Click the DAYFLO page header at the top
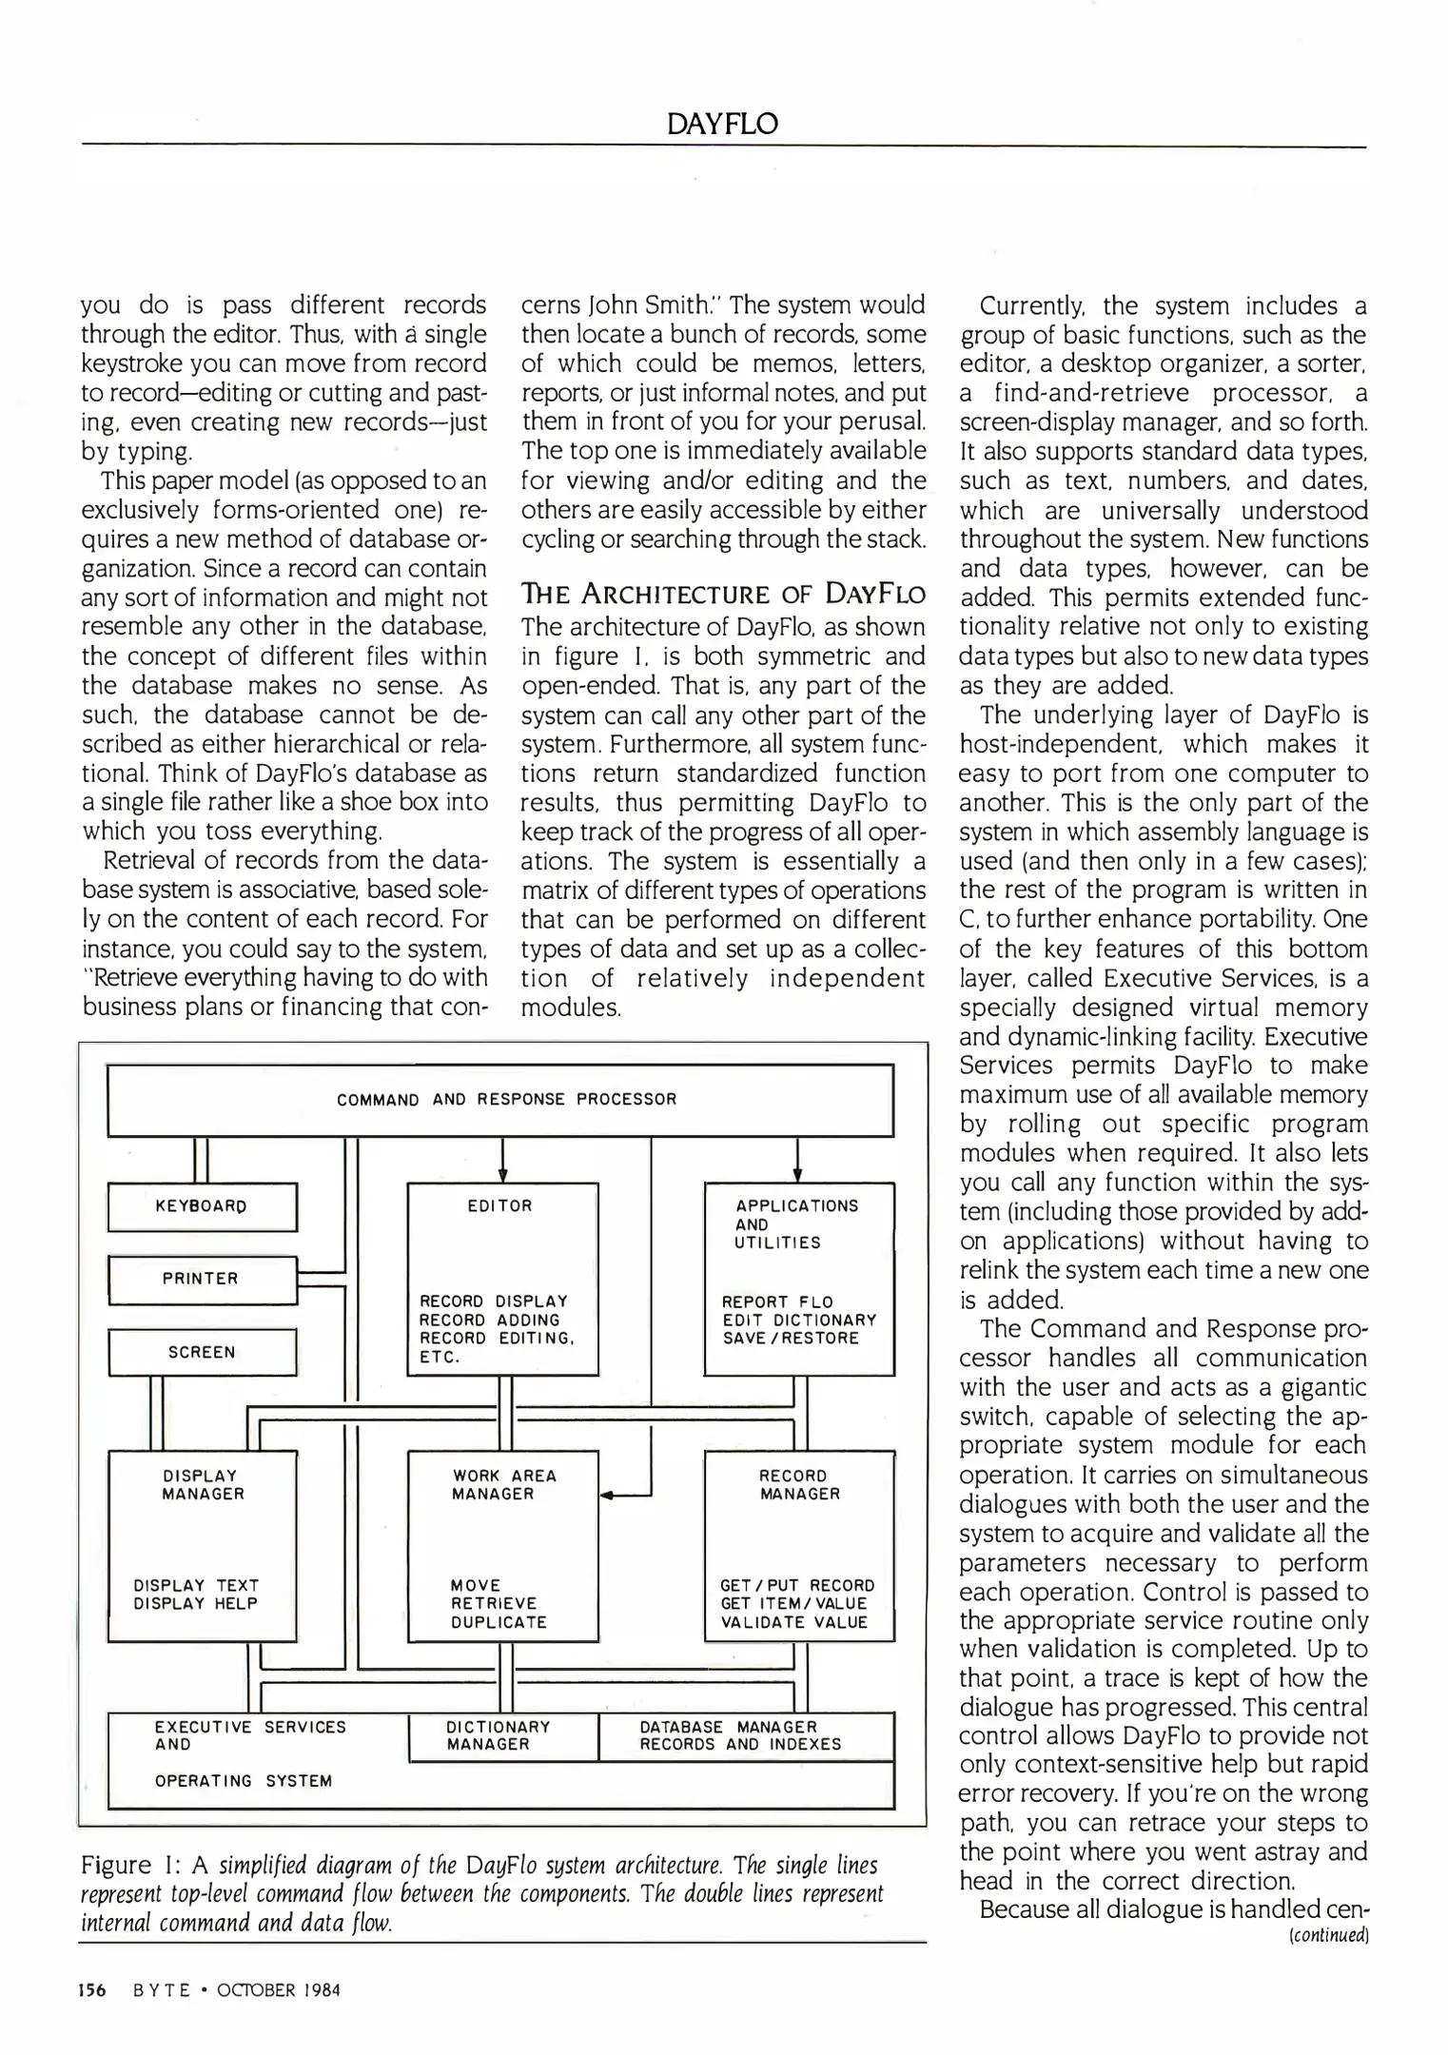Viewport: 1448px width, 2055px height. pyautogui.click(x=722, y=124)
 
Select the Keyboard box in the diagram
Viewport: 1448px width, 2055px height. pyautogui.click(x=202, y=1206)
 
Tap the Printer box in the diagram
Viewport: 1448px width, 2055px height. pyautogui.click(x=202, y=1280)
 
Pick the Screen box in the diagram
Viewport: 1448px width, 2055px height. pyautogui.click(x=202, y=1352)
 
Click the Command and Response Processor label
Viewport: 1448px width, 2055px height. pyautogui.click(x=506, y=1100)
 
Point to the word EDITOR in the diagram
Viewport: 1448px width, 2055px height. pyautogui.click(x=500, y=1206)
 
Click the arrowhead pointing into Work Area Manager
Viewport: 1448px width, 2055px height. pyautogui.click(x=607, y=1496)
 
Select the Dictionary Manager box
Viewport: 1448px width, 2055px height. pyautogui.click(x=502, y=1736)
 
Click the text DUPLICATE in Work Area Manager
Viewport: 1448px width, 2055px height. pyautogui.click(x=499, y=1623)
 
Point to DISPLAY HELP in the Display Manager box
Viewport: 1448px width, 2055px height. pyautogui.click(x=196, y=1604)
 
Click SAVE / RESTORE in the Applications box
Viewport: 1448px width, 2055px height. pyautogui.click(x=791, y=1339)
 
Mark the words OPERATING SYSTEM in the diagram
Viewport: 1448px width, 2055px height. pyautogui.click(x=244, y=1781)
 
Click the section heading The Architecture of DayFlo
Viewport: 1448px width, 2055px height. pyautogui.click(x=723, y=596)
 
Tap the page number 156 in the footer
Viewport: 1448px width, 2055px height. pyautogui.click(x=93, y=1990)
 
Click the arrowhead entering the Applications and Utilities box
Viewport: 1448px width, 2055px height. pyautogui.click(x=797, y=1175)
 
